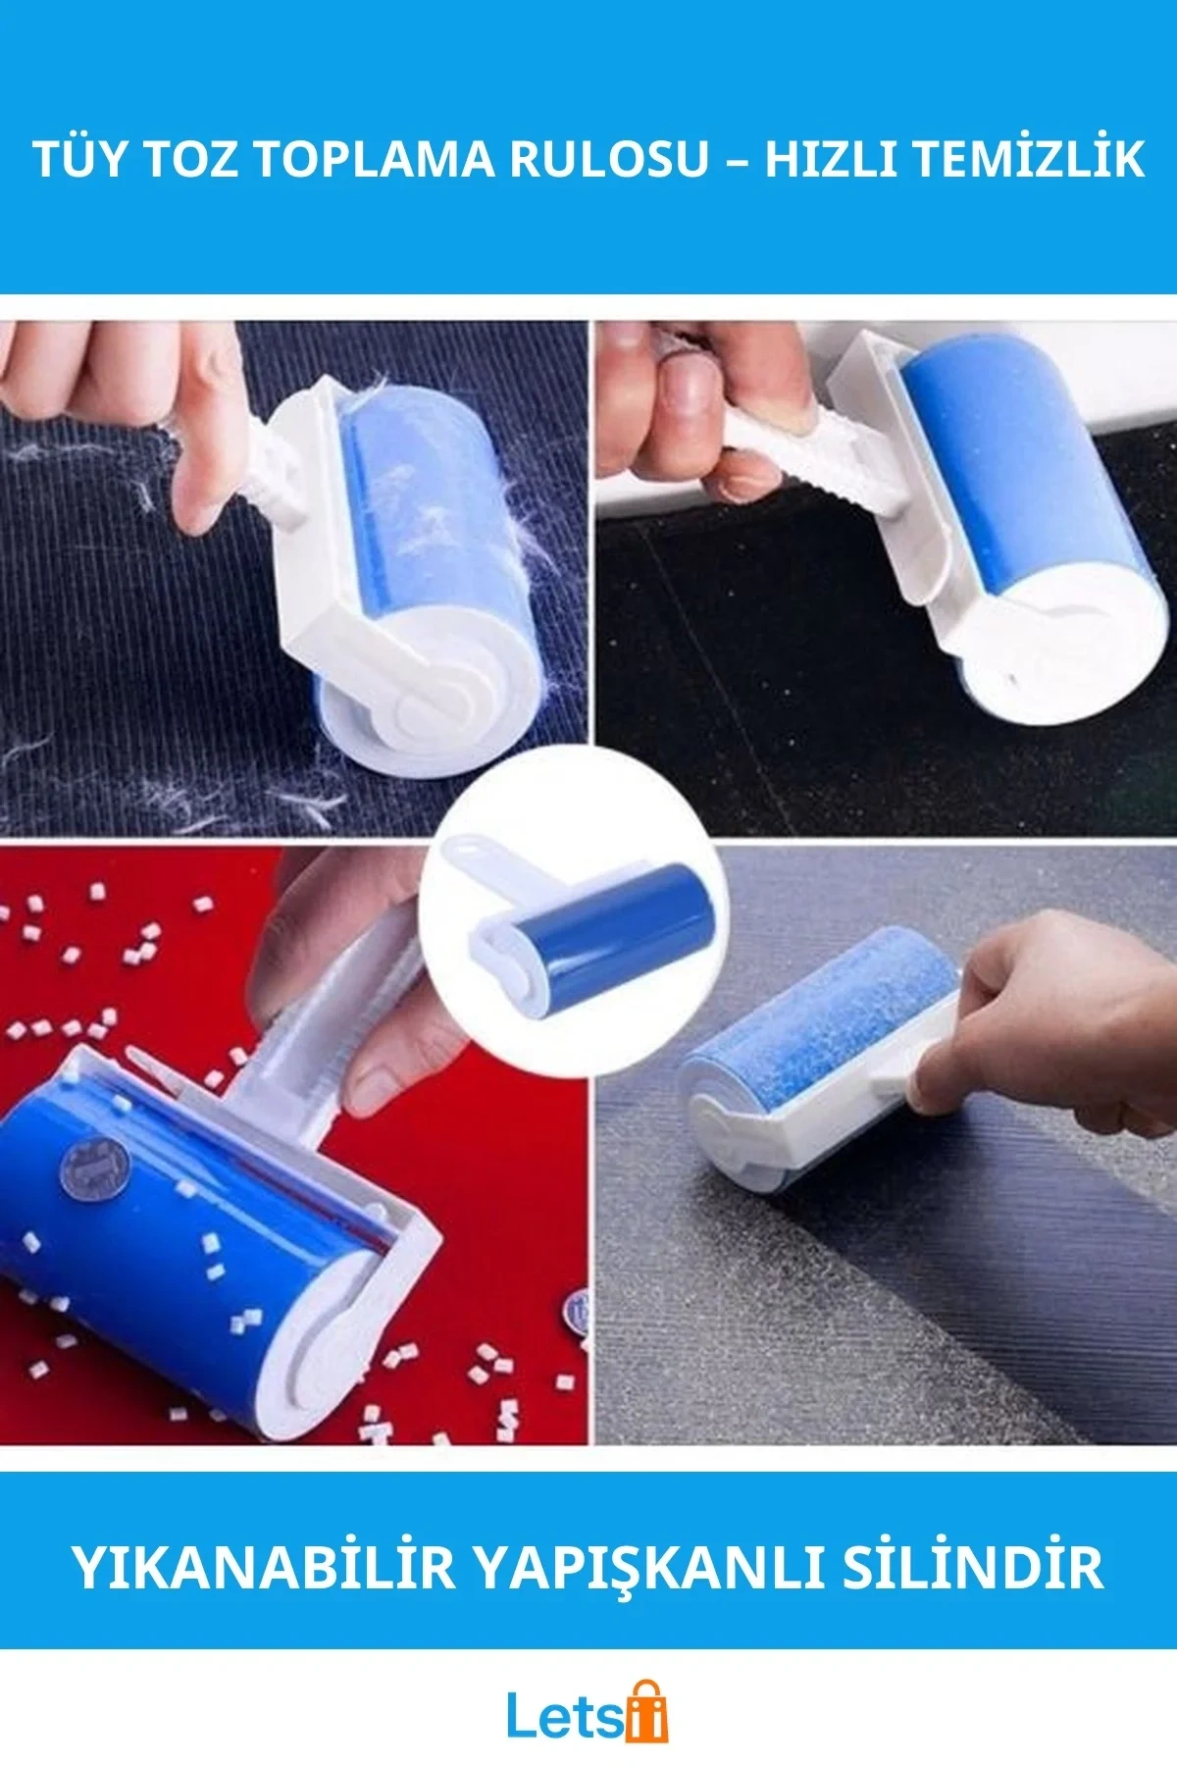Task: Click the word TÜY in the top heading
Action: (80, 159)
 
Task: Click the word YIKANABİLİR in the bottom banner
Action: (265, 1566)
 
